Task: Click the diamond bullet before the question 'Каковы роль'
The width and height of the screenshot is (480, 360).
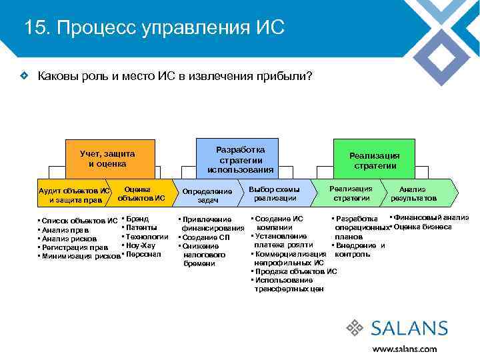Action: tap(23, 77)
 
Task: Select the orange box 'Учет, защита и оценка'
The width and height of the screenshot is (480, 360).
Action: tap(107, 159)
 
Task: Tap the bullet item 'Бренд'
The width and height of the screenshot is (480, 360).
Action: tap(137, 219)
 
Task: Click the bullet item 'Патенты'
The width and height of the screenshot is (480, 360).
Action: tap(141, 227)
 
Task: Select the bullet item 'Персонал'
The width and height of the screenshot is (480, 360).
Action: tap(143, 255)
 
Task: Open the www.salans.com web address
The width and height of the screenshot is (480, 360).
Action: tap(404, 348)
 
